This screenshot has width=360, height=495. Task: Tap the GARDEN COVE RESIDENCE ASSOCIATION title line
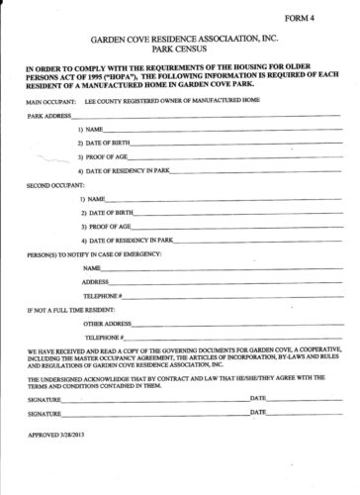(x=179, y=33)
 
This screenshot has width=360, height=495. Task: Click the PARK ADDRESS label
(x=48, y=116)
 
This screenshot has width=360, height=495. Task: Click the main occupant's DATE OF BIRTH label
(x=108, y=144)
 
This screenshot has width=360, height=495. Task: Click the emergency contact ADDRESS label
(x=96, y=282)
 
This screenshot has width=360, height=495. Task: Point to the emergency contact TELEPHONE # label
(x=103, y=296)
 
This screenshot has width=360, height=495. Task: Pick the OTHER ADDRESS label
(x=108, y=324)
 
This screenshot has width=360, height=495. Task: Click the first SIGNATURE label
(x=46, y=396)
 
